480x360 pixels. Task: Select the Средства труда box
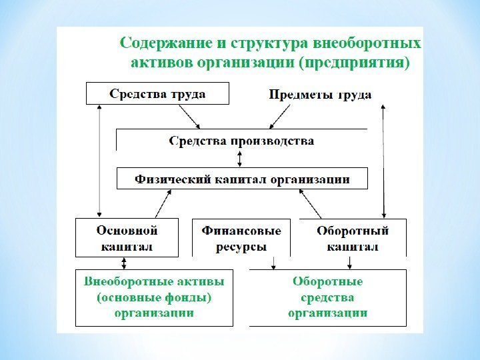click(157, 93)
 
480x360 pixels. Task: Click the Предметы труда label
click(320, 94)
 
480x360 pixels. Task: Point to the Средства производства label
click(241, 141)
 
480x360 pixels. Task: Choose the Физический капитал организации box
click(243, 179)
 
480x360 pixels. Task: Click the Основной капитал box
click(127, 237)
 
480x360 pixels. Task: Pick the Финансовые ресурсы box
click(241, 237)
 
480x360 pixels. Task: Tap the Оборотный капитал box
click(352, 237)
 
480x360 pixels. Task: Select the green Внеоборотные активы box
click(154, 297)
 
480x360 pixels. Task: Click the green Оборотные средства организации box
click(328, 297)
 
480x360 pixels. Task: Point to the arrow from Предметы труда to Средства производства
click(280, 117)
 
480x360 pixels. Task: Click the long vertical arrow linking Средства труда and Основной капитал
click(99, 160)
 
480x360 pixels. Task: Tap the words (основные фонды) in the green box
click(154, 297)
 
